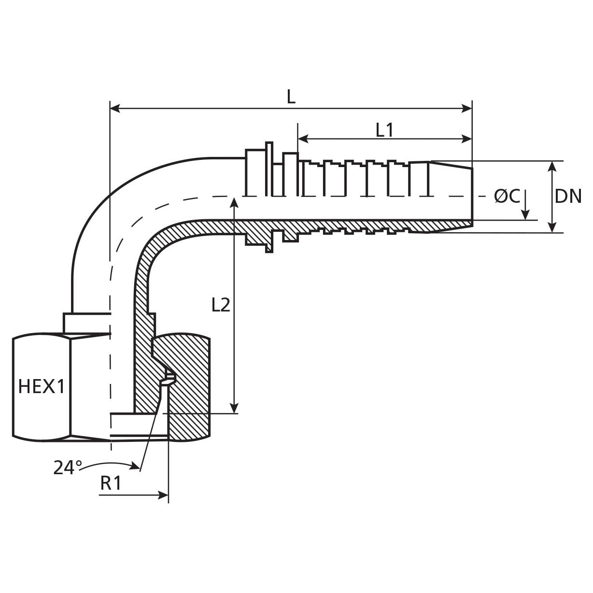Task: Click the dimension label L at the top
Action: pyautogui.click(x=291, y=98)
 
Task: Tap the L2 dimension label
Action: pyautogui.click(x=221, y=305)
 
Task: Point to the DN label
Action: pyautogui.click(x=568, y=197)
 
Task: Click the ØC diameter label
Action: pyautogui.click(x=507, y=197)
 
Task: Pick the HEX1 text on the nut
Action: pyautogui.click(x=41, y=386)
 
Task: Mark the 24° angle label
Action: pyautogui.click(x=68, y=467)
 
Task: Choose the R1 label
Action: pyautogui.click(x=111, y=483)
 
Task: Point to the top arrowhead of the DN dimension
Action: pyautogui.click(x=553, y=166)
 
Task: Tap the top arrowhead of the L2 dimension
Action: pyautogui.click(x=234, y=202)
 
